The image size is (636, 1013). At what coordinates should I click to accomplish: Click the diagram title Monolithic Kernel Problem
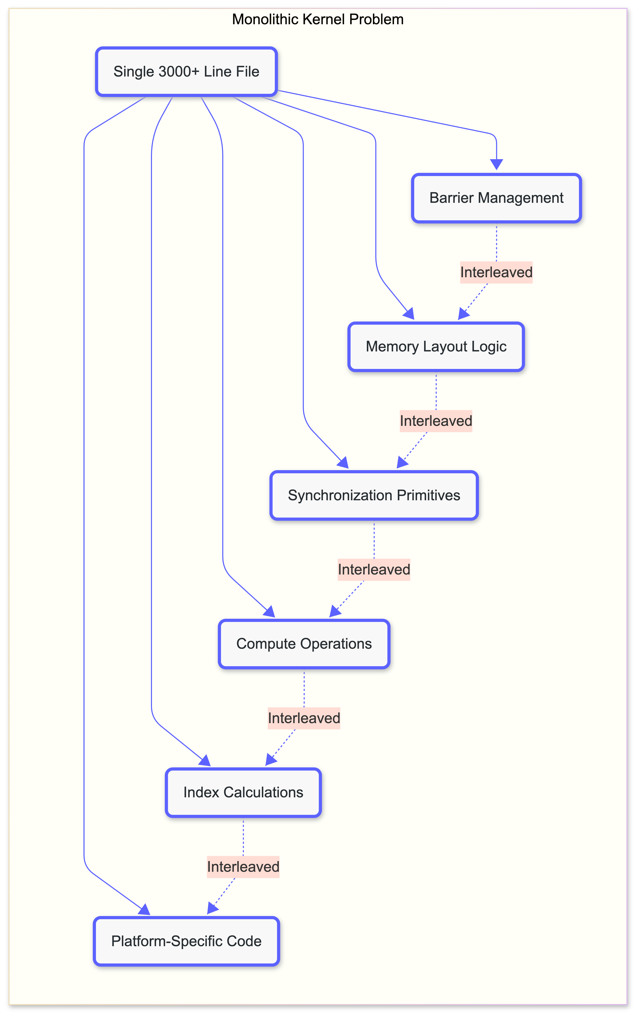click(318, 19)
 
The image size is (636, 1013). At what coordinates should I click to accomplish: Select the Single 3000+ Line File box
click(186, 71)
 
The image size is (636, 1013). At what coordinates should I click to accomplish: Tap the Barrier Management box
click(496, 198)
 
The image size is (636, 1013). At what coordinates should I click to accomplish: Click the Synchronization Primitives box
click(374, 495)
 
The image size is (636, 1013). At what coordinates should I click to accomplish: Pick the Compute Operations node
click(304, 644)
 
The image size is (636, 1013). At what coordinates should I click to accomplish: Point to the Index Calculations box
click(243, 792)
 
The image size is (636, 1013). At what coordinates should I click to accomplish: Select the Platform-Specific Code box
click(186, 941)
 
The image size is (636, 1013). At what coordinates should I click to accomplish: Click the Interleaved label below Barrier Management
click(496, 272)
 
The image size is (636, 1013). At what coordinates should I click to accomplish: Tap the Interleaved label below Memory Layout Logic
click(436, 421)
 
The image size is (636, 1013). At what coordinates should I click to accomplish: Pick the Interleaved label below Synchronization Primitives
click(374, 570)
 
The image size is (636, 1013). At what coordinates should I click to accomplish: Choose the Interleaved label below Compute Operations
click(304, 718)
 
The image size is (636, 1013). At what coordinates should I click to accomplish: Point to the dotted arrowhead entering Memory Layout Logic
click(463, 314)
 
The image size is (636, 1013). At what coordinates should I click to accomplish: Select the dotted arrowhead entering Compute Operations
click(335, 611)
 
